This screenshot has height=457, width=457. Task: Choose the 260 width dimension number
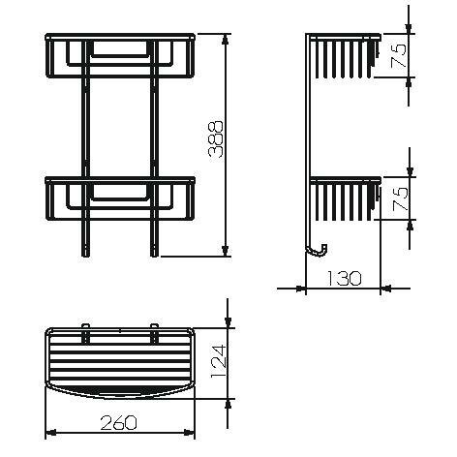point(119,422)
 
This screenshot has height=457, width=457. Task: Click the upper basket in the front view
point(120,62)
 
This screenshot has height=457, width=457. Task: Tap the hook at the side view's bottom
point(315,251)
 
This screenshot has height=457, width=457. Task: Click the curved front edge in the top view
point(120,395)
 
